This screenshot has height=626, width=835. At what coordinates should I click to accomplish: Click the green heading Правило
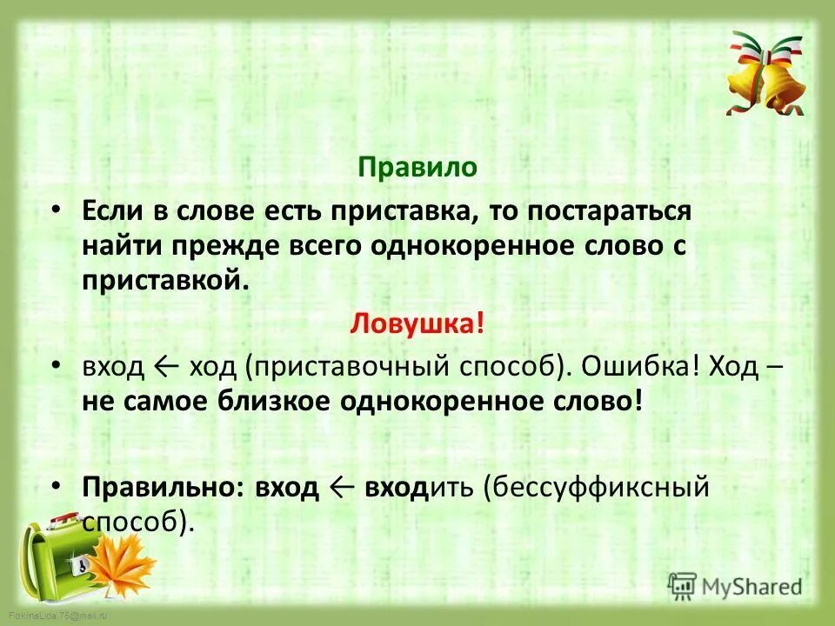coord(417,168)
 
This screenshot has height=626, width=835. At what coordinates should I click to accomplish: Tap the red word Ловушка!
coord(417,323)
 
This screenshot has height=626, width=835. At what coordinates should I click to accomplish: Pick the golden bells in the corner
coord(766,77)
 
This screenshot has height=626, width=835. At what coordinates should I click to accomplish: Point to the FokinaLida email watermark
coord(54,616)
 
